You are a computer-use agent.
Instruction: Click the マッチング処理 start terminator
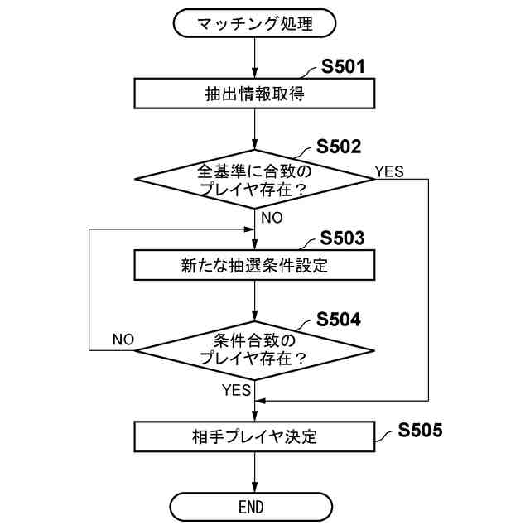(x=254, y=23)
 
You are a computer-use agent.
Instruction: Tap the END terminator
(x=254, y=506)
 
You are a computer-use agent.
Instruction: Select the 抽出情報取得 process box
(x=254, y=94)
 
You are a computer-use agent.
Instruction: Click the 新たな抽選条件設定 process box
(x=254, y=266)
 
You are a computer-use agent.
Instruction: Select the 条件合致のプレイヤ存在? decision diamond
(x=254, y=349)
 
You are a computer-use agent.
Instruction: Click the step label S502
(x=339, y=147)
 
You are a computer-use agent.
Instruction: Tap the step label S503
(x=342, y=239)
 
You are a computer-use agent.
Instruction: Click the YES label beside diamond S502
(x=389, y=171)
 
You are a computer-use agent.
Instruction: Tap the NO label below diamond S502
(x=272, y=218)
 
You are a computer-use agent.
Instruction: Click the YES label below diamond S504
(x=236, y=388)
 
